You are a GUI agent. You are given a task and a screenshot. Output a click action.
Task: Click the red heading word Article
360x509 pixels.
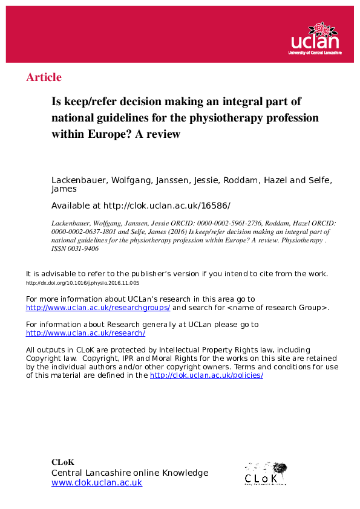tap(44, 77)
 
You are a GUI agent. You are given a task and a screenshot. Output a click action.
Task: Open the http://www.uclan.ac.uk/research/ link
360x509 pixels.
tap(85, 333)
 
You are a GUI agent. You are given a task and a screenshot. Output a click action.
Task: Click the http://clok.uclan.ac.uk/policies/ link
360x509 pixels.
tap(206, 375)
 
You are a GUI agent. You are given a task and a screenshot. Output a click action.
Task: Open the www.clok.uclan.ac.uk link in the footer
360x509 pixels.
tap(97, 483)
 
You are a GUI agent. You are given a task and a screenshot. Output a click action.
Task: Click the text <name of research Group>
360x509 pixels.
tap(277, 308)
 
